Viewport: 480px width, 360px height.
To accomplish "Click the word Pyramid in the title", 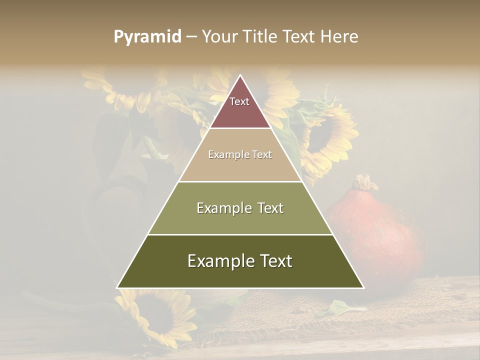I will click(x=147, y=37).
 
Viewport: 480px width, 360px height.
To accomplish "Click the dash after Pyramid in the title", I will click(x=191, y=37).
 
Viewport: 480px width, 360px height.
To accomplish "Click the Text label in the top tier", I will click(x=239, y=101).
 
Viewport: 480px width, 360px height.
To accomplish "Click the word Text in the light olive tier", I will click(x=267, y=208).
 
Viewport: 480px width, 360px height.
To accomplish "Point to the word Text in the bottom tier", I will click(x=274, y=261).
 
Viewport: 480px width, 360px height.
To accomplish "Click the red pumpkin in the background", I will click(x=385, y=235).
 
